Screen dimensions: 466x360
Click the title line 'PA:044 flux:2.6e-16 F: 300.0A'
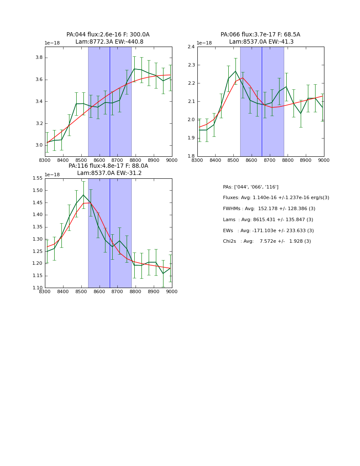point(108,35)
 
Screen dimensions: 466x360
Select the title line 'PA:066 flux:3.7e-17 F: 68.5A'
point(260,35)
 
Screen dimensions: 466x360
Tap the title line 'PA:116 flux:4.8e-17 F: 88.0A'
point(108,166)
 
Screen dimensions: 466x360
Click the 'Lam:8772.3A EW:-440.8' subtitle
point(109,42)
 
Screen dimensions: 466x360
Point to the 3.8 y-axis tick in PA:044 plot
point(38,58)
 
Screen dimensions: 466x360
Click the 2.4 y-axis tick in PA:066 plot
point(191,47)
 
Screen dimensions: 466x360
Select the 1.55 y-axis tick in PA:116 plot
point(37,178)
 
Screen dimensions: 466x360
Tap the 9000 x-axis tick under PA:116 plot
point(172,292)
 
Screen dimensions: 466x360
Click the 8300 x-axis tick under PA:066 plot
point(197,161)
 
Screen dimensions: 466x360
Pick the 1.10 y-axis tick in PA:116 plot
point(37,288)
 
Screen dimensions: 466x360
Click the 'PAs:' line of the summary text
point(251,187)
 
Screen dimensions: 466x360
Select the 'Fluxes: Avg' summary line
point(276,198)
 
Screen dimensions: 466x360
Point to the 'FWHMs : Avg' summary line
point(269,209)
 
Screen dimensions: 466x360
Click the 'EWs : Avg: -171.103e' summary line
point(269,231)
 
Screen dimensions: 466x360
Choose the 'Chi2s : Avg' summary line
point(267,241)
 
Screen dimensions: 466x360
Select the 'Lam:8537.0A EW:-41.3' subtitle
point(261,42)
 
